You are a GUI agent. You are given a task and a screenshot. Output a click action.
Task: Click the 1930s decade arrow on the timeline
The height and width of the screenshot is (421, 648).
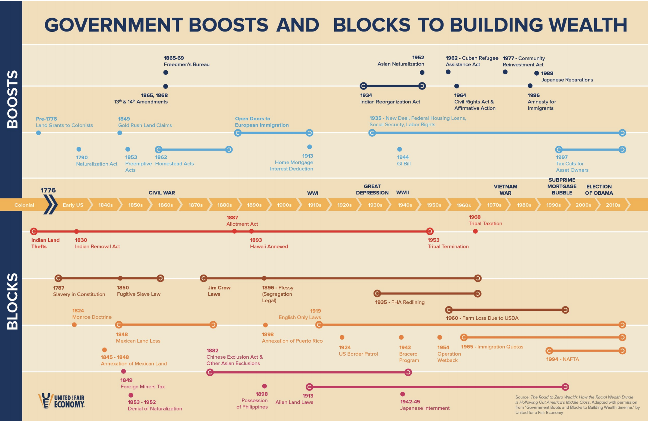[x=375, y=205]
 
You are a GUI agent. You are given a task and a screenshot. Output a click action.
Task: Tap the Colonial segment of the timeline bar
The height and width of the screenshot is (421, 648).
[x=24, y=205]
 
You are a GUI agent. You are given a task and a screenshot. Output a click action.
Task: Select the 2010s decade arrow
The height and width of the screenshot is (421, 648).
[x=613, y=205]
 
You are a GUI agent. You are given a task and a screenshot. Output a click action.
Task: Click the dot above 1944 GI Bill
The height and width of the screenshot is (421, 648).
[x=399, y=149]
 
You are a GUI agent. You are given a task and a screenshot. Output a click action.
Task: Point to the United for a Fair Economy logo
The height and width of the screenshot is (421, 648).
[x=61, y=401]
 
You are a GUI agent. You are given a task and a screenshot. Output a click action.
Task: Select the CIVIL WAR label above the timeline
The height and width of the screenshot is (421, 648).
[x=162, y=193]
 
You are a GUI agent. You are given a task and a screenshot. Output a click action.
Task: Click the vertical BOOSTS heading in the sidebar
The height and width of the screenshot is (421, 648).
[x=12, y=99]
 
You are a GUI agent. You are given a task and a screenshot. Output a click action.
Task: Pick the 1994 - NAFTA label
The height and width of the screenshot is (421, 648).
[x=562, y=359]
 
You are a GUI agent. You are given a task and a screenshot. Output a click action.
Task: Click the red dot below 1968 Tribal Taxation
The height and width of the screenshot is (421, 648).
[x=475, y=231]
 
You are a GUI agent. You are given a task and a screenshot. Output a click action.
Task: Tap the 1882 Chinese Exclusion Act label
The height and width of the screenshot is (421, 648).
[x=234, y=357]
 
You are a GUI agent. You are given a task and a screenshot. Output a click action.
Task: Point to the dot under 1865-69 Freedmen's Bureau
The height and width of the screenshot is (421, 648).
[x=166, y=73]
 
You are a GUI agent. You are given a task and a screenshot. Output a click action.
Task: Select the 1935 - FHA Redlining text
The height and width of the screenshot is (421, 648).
[x=400, y=302]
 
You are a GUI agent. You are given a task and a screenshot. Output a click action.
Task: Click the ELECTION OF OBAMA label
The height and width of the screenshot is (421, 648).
[x=599, y=190]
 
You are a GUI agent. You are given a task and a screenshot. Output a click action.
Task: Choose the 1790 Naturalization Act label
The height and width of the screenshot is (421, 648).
[x=96, y=160]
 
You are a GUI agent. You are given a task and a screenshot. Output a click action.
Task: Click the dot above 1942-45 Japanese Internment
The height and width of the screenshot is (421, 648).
[x=402, y=394]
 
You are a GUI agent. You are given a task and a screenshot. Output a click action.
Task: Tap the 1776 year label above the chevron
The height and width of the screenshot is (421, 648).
[x=48, y=190]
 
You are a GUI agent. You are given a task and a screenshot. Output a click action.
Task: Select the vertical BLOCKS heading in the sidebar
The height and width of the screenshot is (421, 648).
[x=12, y=301]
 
